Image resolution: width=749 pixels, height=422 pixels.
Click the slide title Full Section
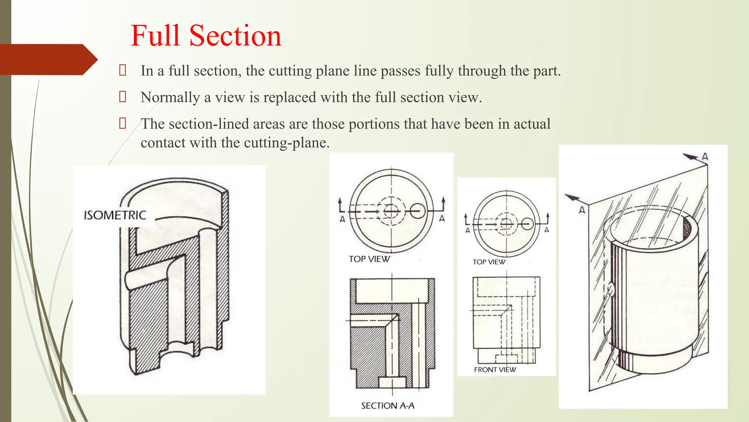pos(206,36)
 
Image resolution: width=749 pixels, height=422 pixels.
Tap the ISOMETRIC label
pos(115,215)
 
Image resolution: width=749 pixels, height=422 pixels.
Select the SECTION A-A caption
pos(388,406)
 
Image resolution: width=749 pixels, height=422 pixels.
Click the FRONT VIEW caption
pos(495,370)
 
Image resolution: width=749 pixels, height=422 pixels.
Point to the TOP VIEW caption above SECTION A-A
pos(369,259)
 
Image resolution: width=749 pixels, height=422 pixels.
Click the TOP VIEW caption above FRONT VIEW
pos(489,262)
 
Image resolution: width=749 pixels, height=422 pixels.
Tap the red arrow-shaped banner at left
pos(48,59)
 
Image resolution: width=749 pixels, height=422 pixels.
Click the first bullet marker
pos(123,70)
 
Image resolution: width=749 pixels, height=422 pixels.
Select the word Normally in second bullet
pos(170,97)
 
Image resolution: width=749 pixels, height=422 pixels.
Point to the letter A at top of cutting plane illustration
pos(705,157)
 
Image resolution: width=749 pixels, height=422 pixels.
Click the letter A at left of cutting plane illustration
pos(582,210)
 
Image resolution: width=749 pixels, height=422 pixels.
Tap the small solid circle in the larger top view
pos(417,211)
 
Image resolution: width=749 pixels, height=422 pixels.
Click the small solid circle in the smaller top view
pos(527,223)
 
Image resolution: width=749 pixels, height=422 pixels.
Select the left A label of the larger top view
pos(342,219)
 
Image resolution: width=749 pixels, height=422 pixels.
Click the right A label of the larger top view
pos(442,219)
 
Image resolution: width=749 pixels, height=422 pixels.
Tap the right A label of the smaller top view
pos(546,230)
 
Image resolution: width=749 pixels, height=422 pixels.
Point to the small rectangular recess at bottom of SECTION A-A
pos(392,382)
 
